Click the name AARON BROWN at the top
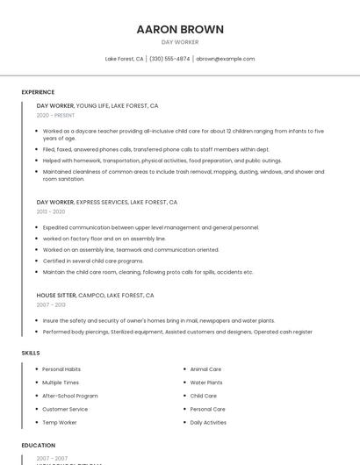(180, 29)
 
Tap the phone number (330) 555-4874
(169, 59)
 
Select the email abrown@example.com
(225, 59)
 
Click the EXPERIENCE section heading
(38, 92)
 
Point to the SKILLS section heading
(31, 353)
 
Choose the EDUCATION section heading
(39, 445)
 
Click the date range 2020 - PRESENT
(55, 115)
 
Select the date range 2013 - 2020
(51, 211)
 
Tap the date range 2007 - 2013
(51, 305)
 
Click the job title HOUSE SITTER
(56, 296)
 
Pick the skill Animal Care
(205, 369)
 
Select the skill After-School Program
(70, 396)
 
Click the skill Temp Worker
(60, 422)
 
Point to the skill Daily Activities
(208, 422)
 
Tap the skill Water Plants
(206, 383)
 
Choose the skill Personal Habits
(61, 369)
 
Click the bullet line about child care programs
(93, 261)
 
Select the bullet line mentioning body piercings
(177, 332)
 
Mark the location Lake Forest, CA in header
(124, 59)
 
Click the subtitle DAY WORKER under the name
(180, 42)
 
